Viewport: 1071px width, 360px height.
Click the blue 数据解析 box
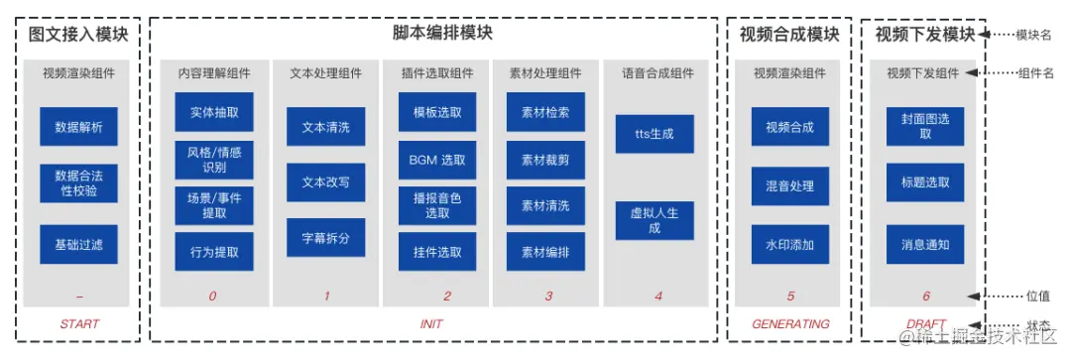[78, 127]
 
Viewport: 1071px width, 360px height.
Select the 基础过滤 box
[78, 244]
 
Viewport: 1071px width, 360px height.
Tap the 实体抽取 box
[214, 112]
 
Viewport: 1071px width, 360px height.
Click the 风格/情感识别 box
[214, 159]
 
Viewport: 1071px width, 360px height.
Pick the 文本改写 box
[326, 182]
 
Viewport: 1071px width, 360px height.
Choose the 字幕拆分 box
[326, 238]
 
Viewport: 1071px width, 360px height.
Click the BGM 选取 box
[437, 159]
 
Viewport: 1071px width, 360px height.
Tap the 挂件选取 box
[437, 252]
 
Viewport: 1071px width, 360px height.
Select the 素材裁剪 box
[545, 159]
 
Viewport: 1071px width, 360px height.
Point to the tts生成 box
[654, 134]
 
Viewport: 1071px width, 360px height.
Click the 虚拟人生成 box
[654, 220]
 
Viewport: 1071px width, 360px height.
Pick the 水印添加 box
[789, 244]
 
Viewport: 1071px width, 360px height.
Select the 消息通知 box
[925, 244]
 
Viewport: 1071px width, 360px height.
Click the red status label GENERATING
[789, 324]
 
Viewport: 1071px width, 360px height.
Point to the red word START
[79, 324]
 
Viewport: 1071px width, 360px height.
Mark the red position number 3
[548, 296]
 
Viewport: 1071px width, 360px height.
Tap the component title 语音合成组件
[657, 72]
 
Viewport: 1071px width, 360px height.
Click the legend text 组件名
[1036, 72]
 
